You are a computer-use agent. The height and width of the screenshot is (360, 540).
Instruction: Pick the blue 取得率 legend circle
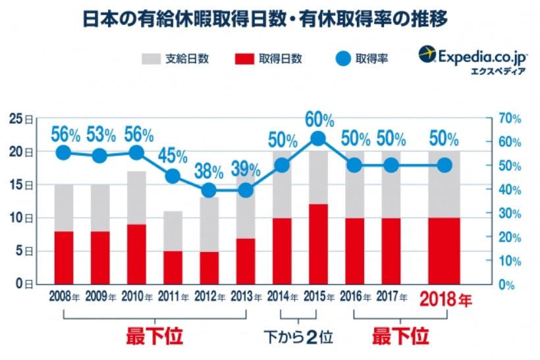click(341, 59)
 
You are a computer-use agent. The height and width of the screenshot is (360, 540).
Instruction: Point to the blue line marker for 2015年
click(317, 138)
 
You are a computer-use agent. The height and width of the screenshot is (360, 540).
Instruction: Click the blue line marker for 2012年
click(209, 190)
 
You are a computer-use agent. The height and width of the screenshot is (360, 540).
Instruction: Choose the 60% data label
click(319, 120)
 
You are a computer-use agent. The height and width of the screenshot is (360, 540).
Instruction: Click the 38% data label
click(209, 171)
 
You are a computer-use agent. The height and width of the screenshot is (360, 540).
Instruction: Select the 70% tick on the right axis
click(510, 118)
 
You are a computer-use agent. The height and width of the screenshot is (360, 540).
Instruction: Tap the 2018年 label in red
click(446, 301)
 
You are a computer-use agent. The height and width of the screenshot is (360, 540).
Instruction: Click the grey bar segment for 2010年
click(136, 197)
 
